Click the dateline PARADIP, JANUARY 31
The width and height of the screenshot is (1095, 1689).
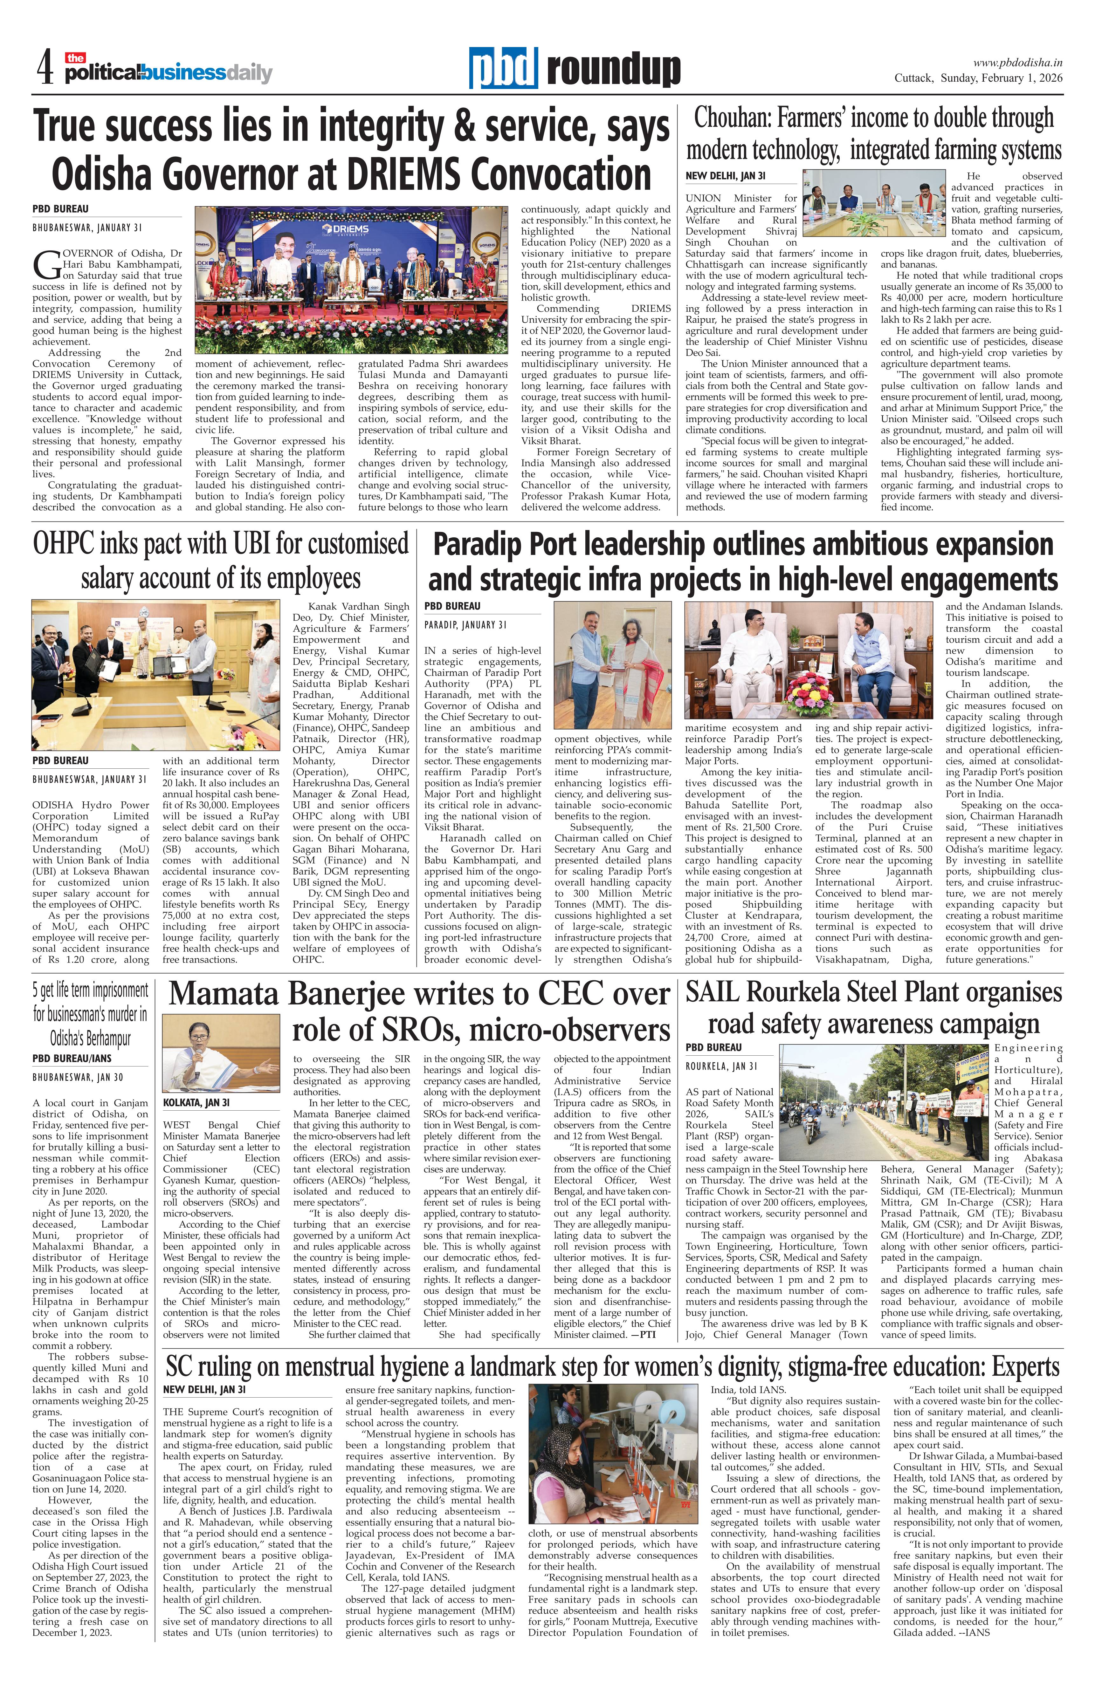(465, 624)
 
